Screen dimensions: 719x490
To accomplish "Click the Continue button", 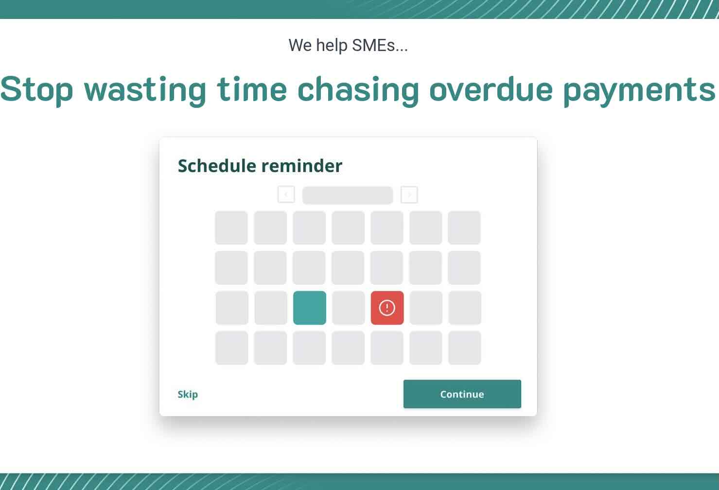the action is coord(462,394).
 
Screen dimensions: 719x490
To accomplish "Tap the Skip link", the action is coord(188,394).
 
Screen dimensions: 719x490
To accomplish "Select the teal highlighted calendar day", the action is coord(310,308).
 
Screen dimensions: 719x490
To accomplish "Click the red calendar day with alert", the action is coord(387,308).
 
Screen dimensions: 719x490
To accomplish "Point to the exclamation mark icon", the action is coord(387,308).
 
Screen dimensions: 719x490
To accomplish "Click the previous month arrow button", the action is coord(286,194).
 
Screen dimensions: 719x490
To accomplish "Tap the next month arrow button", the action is coord(409,194).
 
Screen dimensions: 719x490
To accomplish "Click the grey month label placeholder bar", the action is coord(348,195).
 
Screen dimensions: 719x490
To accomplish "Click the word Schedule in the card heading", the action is coord(217,166).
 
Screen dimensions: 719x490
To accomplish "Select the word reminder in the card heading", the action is coord(302,166).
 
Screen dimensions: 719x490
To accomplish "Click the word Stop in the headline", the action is coord(37,90).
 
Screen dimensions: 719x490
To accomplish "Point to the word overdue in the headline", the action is coord(491,89).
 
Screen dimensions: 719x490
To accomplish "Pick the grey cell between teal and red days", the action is coord(349,308).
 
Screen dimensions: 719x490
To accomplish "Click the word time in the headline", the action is coord(252,89).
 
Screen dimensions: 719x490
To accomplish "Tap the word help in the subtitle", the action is coord(332,46).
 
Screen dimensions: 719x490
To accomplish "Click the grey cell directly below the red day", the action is coord(387,348).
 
